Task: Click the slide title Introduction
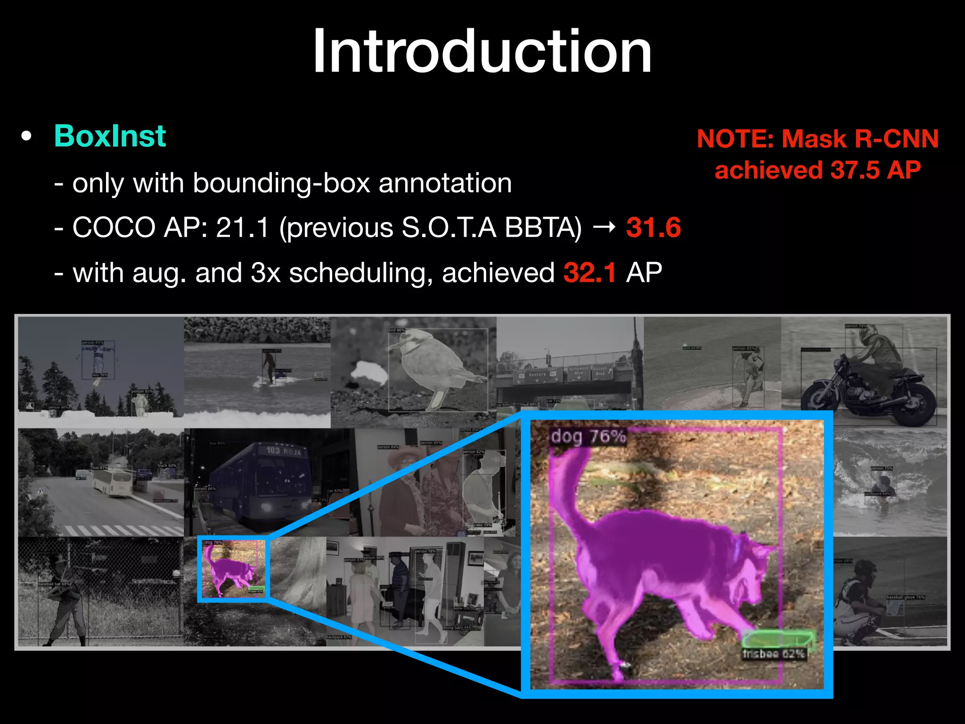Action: pos(482,51)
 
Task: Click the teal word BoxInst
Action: pos(110,136)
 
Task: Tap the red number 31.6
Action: pos(654,228)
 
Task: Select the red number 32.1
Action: pos(590,273)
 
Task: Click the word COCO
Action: pos(114,228)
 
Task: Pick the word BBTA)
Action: pos(543,228)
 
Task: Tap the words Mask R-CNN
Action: pos(860,139)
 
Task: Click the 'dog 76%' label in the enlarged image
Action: pos(588,436)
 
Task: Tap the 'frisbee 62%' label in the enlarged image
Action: pos(773,654)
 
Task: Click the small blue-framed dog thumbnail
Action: pos(232,568)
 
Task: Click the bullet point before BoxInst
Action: pos(26,137)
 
